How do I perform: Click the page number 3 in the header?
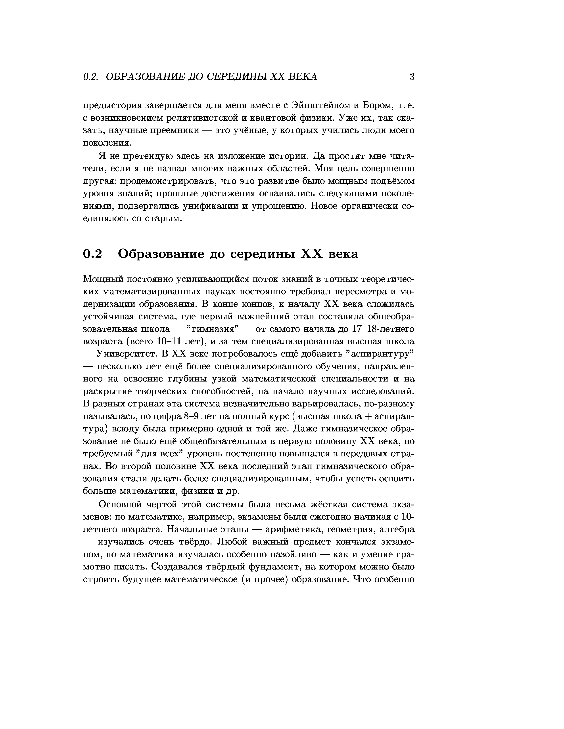[x=412, y=77]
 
